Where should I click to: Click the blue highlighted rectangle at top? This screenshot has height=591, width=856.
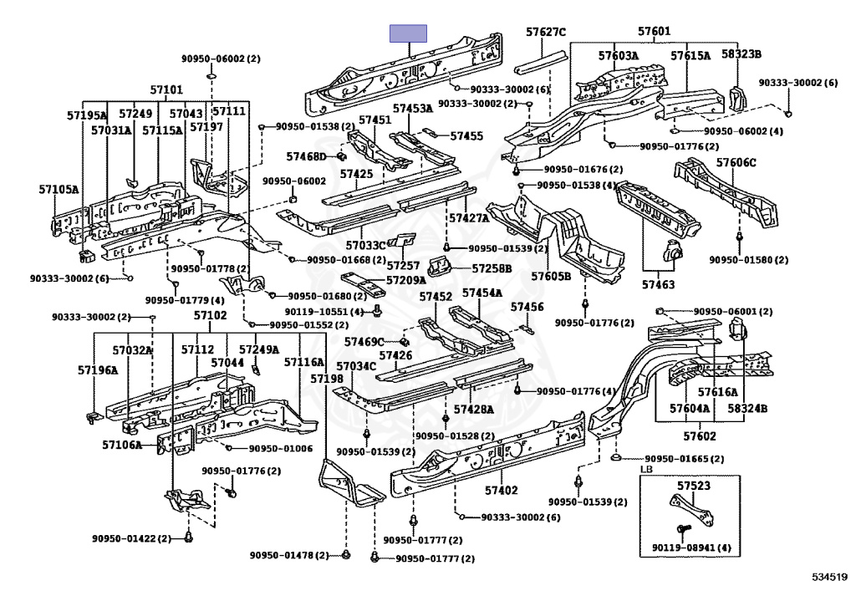coord(409,33)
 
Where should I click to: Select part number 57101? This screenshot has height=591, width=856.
coord(166,89)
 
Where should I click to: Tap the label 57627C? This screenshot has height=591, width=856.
coord(546,33)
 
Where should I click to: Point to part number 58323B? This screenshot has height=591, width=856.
coord(741,54)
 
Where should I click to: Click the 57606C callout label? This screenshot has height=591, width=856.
coord(736,163)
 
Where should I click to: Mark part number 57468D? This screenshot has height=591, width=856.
coord(306,156)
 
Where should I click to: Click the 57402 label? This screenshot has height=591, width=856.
coord(502,490)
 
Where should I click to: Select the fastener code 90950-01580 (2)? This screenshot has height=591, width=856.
coord(749,260)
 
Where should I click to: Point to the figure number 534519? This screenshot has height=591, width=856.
coord(829,577)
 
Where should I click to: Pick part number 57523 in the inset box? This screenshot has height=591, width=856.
coord(694,485)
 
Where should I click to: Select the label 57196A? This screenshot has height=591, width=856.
coord(98,369)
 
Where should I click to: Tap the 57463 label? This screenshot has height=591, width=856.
coord(658,285)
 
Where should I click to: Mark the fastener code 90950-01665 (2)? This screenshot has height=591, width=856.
coord(684,459)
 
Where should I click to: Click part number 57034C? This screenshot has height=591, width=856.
coord(357,366)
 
